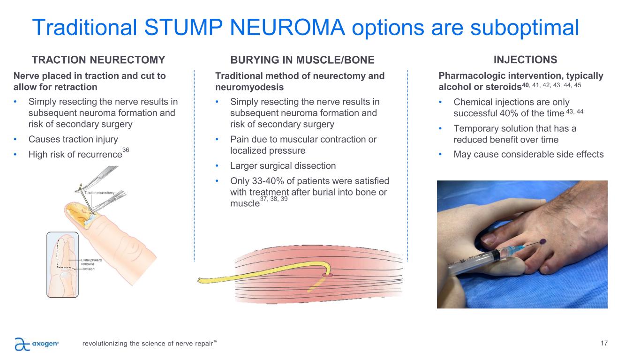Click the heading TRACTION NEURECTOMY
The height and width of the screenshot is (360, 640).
[x=98, y=60]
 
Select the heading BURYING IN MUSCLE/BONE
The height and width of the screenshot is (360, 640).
[x=302, y=60]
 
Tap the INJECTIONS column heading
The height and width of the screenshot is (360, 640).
[x=526, y=60]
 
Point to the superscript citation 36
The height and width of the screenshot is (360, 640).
[x=125, y=149]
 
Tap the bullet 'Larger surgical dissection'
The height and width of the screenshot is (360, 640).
[x=283, y=166]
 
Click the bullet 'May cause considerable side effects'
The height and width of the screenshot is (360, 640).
[x=528, y=154]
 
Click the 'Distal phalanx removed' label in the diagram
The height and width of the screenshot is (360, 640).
[x=91, y=262]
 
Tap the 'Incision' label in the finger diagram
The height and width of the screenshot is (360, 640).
[x=89, y=270]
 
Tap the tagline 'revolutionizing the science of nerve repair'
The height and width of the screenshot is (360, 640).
[x=150, y=344]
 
